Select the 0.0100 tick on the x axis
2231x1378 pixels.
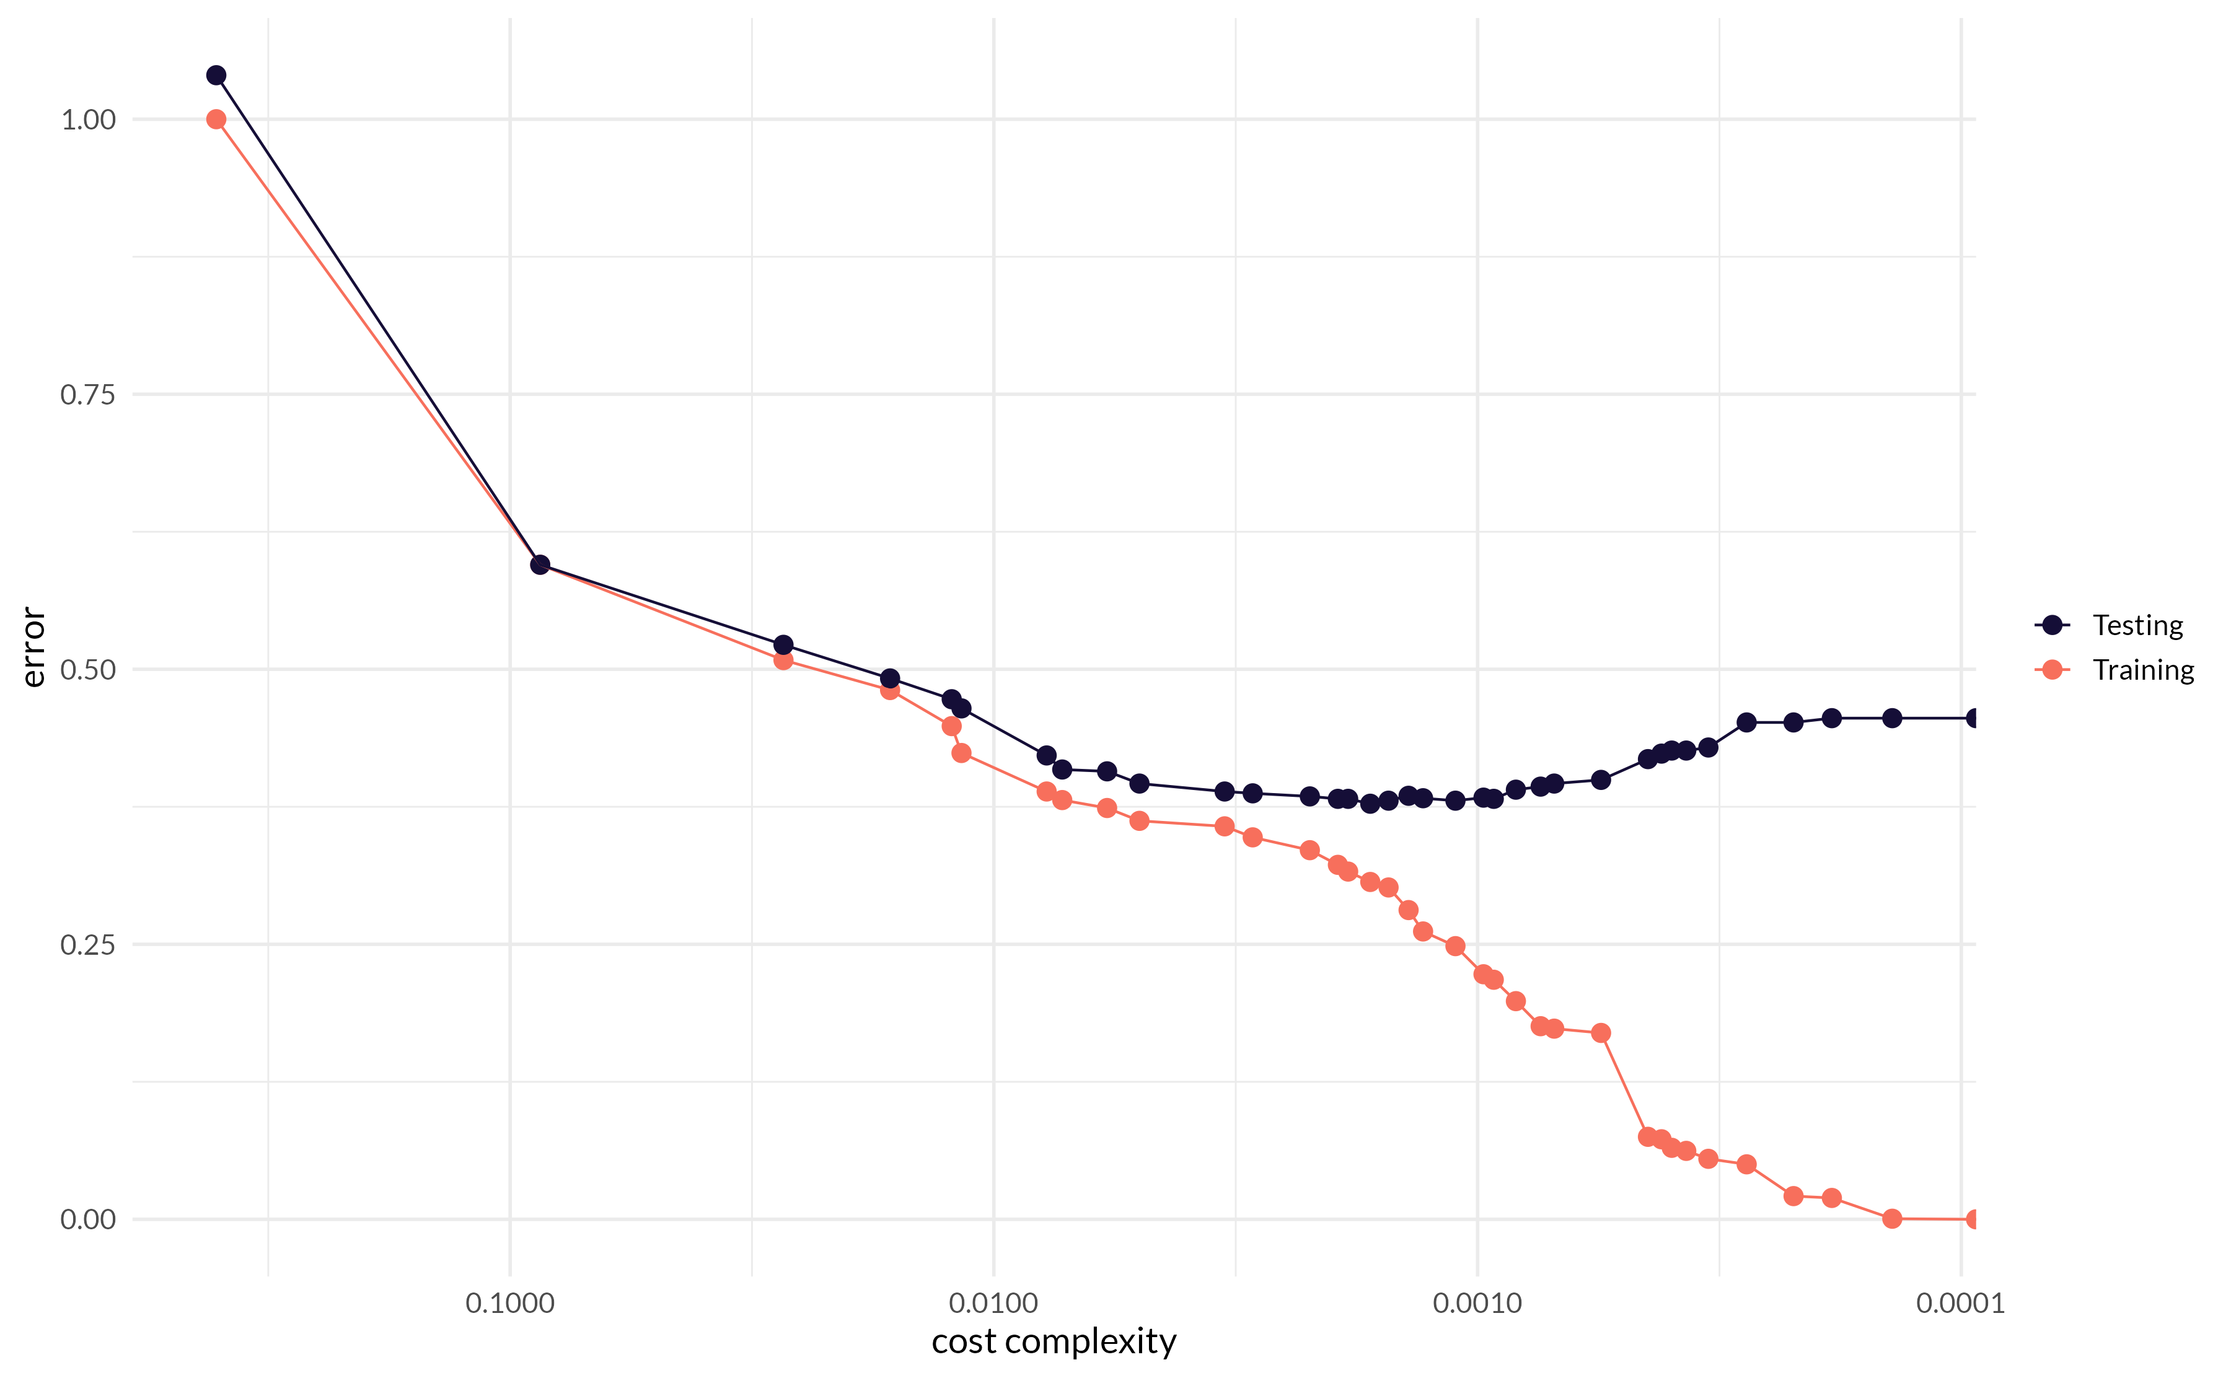[x=993, y=1303]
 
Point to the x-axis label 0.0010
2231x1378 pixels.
[x=1477, y=1303]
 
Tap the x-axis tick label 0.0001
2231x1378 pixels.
[x=1960, y=1303]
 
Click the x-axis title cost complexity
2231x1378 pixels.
[x=1054, y=1341]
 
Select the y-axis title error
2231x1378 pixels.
[x=33, y=647]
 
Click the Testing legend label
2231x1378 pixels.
[x=2137, y=625]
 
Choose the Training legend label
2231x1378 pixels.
[x=2142, y=670]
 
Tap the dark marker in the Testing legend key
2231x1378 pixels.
[x=2053, y=625]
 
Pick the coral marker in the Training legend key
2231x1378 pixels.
[x=2053, y=670]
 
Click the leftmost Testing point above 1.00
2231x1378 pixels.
[x=216, y=75]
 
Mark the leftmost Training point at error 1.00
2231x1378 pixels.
[x=216, y=120]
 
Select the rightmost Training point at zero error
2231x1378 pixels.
[x=1973, y=1219]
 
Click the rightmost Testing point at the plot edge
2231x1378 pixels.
[x=1973, y=718]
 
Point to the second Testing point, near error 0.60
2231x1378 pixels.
[x=540, y=565]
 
